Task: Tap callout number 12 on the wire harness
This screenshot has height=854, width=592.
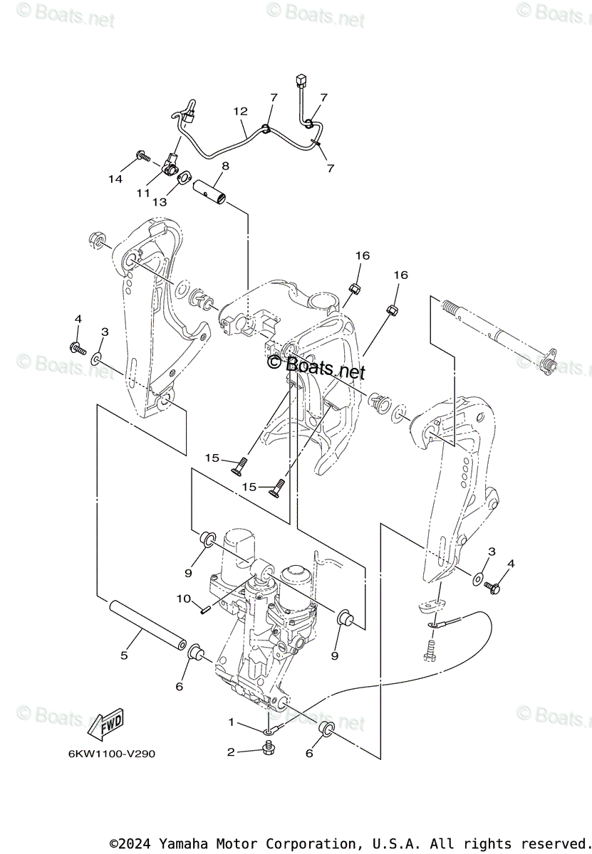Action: click(240, 111)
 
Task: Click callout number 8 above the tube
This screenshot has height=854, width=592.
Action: click(225, 166)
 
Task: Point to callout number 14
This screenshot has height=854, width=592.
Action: click(115, 179)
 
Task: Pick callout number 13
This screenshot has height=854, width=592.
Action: click(159, 201)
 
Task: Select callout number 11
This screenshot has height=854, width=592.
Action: click(143, 192)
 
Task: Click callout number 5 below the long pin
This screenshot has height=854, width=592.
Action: click(124, 655)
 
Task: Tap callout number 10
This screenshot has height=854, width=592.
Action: click(184, 599)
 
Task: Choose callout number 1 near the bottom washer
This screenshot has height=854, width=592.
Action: click(231, 722)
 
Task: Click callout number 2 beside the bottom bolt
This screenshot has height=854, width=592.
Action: click(231, 752)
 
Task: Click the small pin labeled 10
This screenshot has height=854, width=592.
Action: click(204, 608)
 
